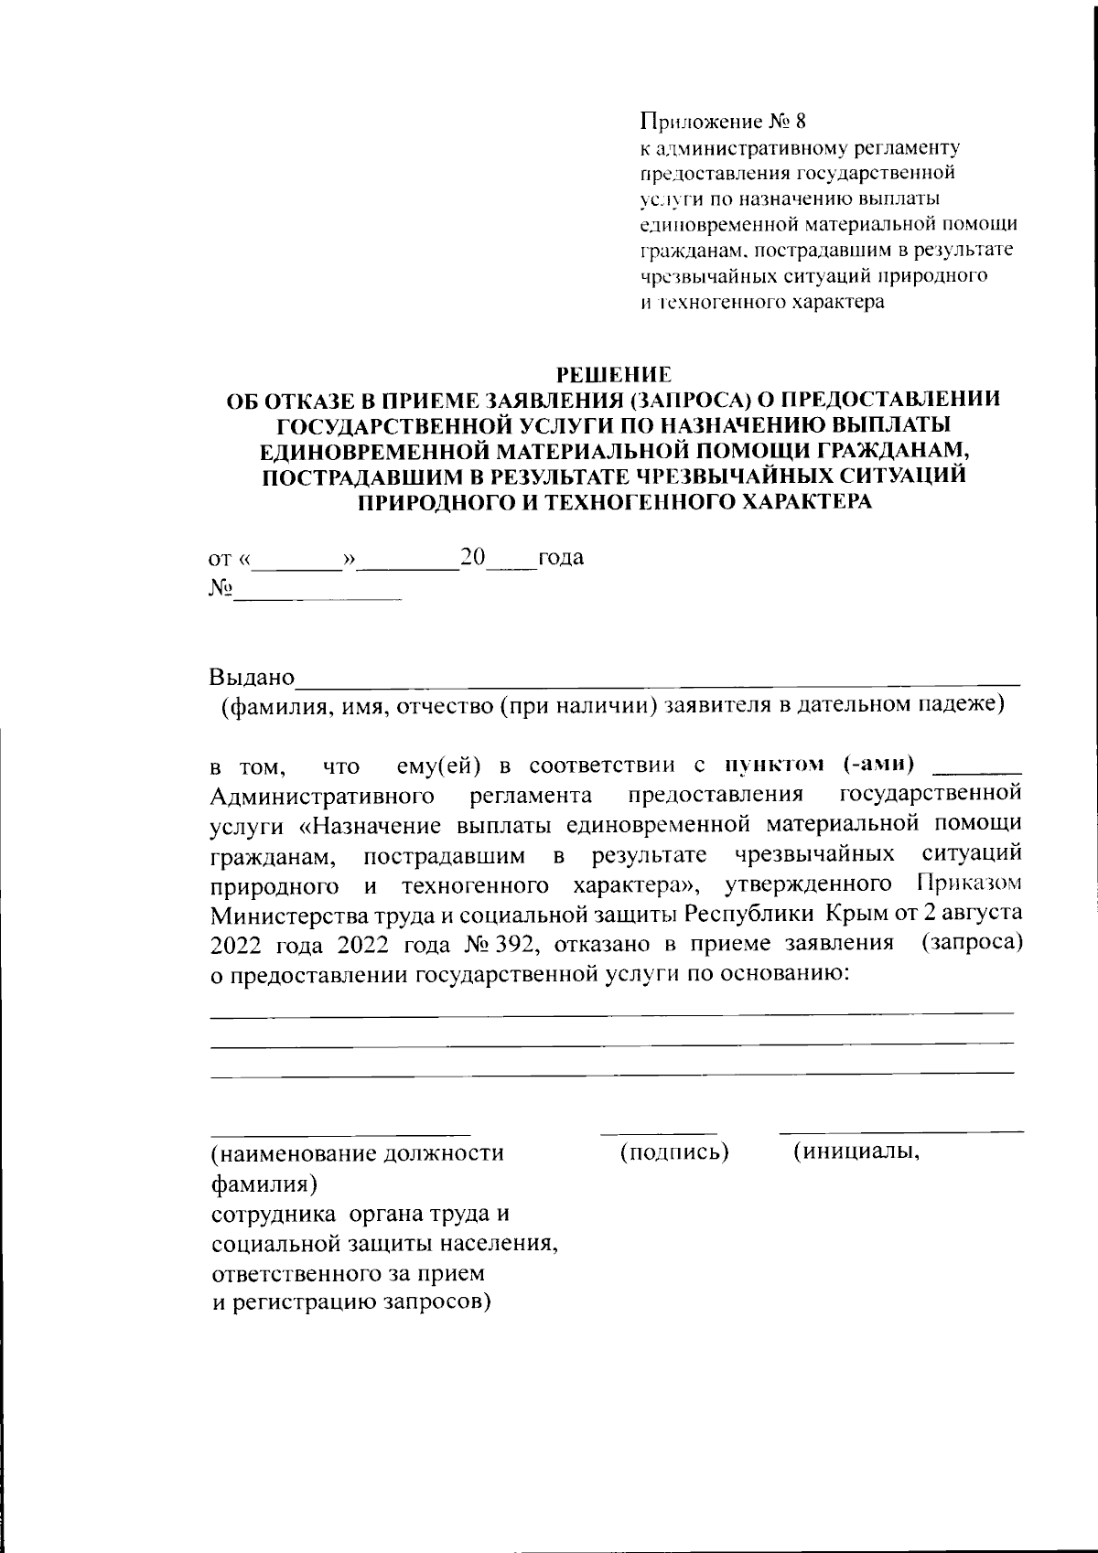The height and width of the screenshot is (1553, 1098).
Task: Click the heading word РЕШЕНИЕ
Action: [x=614, y=374]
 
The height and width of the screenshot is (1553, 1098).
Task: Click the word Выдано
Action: [x=252, y=678]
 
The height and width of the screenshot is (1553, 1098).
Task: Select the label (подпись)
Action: [x=674, y=1152]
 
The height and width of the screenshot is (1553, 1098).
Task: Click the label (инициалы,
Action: [x=856, y=1151]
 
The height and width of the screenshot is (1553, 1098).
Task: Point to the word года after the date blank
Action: [x=561, y=557]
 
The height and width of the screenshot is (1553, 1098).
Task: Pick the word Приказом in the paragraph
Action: [x=967, y=884]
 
